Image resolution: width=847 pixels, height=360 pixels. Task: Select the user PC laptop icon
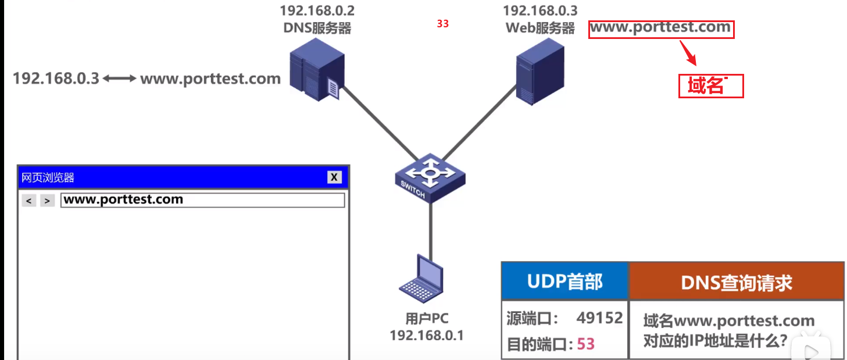click(421, 278)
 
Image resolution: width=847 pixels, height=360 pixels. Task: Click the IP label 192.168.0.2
click(317, 10)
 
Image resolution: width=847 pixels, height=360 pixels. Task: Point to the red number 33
click(443, 24)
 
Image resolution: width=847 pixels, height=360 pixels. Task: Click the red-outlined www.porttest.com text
click(661, 28)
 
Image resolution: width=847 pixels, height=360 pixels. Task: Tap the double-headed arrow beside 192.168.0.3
click(120, 79)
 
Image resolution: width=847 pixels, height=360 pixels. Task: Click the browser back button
click(29, 201)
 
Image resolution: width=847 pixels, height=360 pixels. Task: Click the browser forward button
click(48, 201)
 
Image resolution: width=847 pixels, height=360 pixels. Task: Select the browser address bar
click(202, 200)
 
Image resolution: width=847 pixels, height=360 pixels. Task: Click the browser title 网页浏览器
click(48, 177)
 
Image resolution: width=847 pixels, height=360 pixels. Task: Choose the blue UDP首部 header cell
click(564, 281)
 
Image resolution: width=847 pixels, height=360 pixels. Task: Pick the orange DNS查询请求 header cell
click(736, 283)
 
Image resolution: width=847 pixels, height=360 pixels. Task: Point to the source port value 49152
click(599, 318)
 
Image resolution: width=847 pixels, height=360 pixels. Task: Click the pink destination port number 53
click(586, 344)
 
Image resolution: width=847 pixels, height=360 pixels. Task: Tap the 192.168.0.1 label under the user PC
click(426, 336)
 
